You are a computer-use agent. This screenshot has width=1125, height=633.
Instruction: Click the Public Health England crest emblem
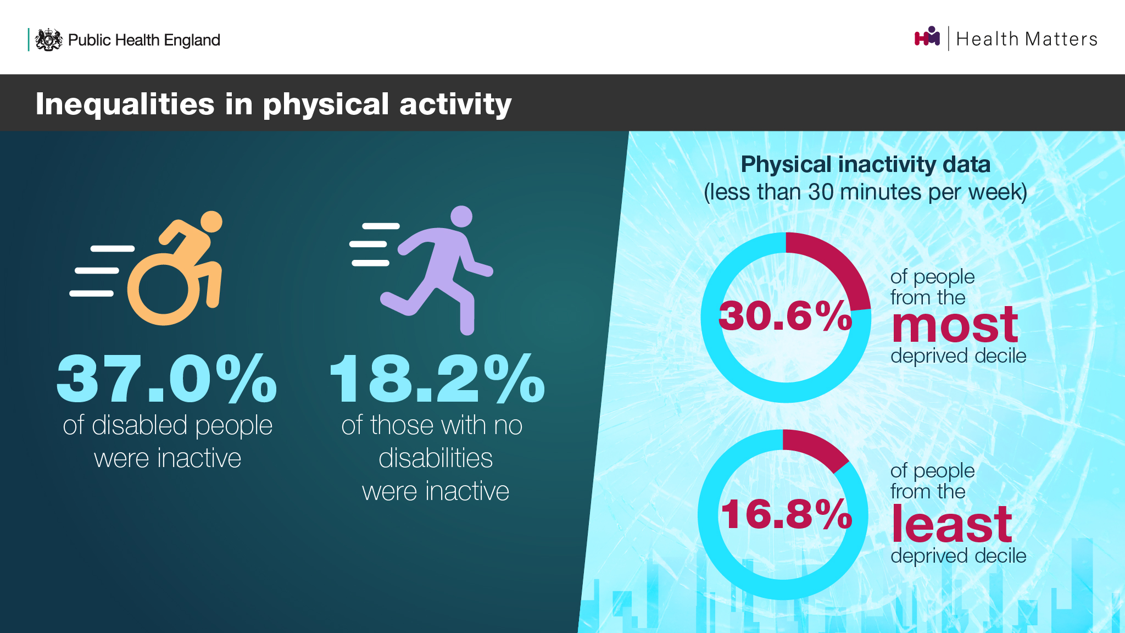click(x=49, y=40)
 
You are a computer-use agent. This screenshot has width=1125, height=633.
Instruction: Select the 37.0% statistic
click(x=167, y=379)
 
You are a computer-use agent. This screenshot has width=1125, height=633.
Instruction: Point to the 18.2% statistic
click(x=437, y=379)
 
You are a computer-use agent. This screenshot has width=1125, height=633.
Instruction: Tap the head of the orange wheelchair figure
click(x=211, y=222)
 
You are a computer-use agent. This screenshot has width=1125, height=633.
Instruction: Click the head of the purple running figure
click(x=461, y=216)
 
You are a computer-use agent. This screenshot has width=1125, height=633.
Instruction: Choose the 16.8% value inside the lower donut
click(x=787, y=514)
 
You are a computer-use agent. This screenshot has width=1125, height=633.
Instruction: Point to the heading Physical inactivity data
click(x=866, y=164)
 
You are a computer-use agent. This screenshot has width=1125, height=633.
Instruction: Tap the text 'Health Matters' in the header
click(x=1027, y=39)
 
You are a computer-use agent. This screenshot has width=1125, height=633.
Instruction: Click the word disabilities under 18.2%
click(x=436, y=458)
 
